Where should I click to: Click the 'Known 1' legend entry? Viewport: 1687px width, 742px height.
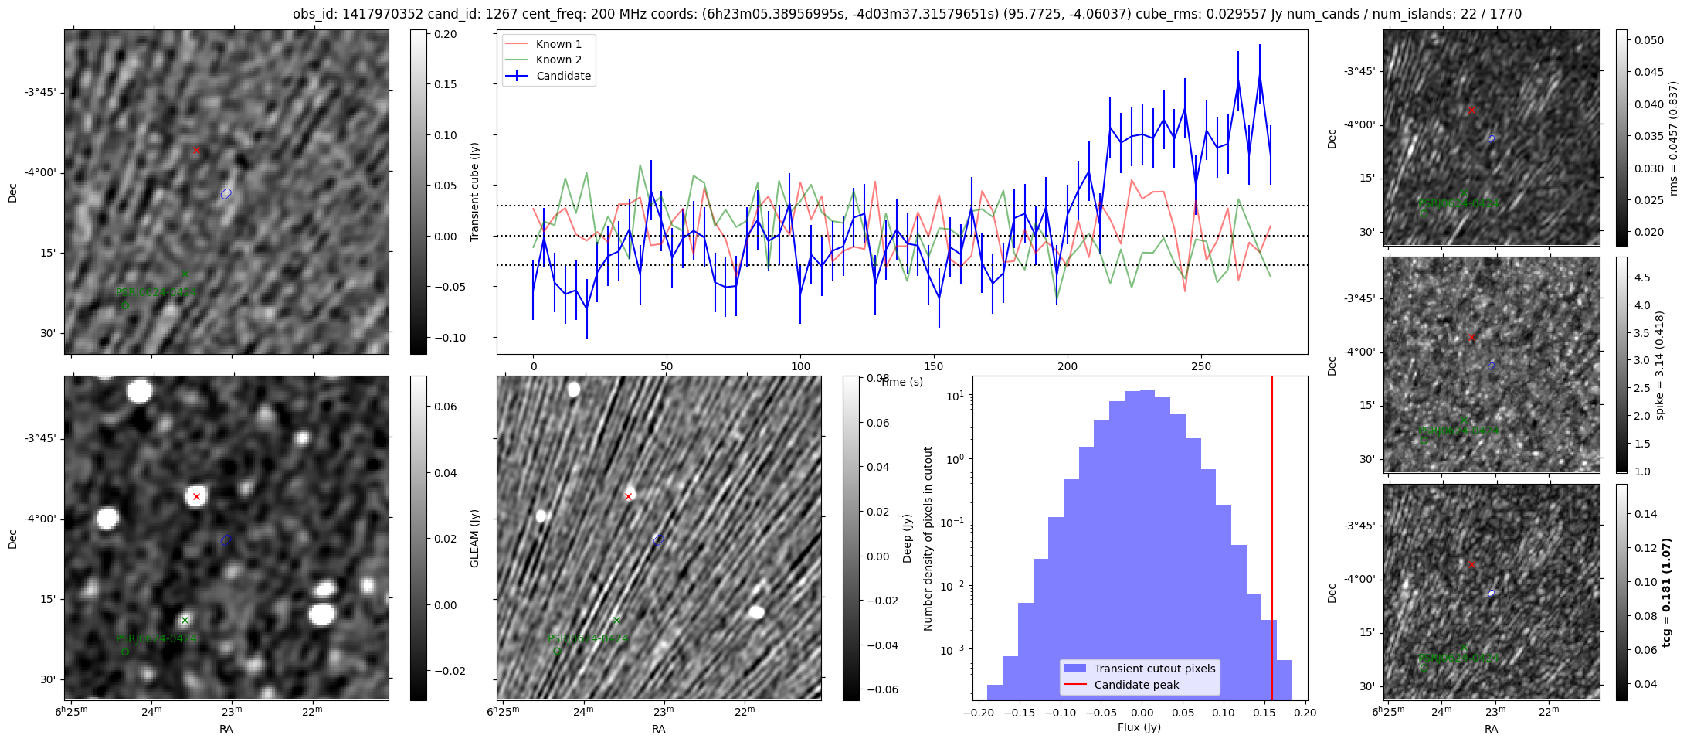coord(558,44)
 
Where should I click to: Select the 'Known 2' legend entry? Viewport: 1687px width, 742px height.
coord(558,60)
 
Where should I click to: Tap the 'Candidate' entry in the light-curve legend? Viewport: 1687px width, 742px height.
coord(563,76)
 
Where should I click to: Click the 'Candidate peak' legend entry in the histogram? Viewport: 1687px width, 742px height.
coord(1136,685)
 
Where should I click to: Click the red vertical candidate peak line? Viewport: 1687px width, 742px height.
coord(1272,541)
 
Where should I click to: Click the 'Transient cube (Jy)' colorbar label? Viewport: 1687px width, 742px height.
coord(475,192)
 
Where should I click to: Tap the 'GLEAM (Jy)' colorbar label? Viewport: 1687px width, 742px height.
coord(475,538)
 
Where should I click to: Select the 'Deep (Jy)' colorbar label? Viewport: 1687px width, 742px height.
coord(908,538)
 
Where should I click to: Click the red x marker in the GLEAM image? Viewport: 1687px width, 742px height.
coord(196,496)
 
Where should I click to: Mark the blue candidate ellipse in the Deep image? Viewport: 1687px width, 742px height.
coord(658,539)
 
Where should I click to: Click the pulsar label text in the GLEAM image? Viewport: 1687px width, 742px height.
coord(156,639)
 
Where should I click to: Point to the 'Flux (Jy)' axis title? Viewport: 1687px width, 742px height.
coord(1139,727)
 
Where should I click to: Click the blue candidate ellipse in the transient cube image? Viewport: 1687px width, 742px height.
coord(226,193)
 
